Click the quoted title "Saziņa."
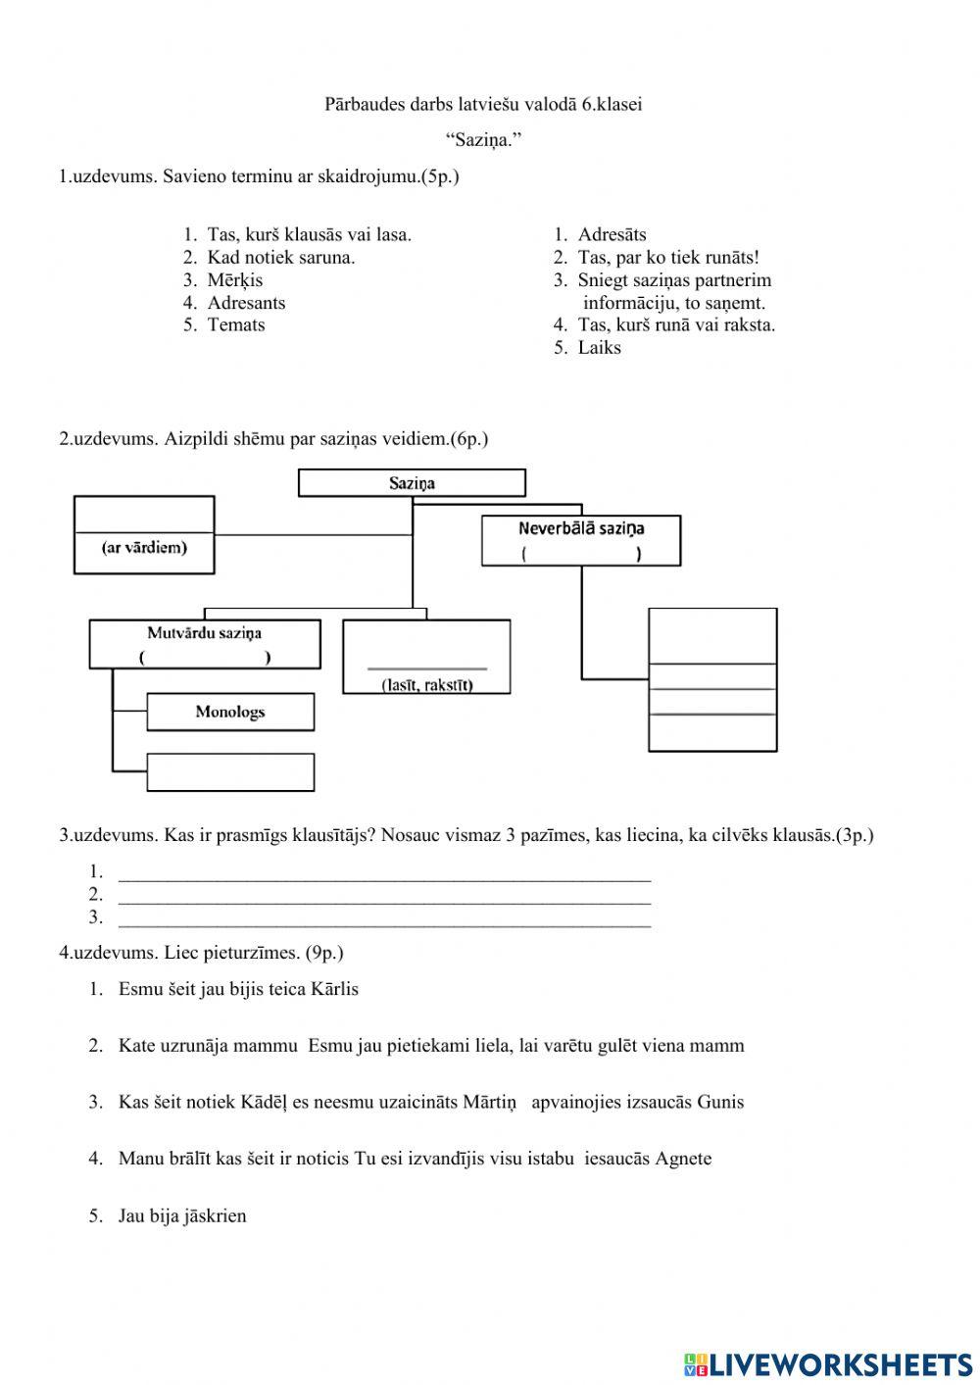(x=483, y=140)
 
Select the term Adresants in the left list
(x=246, y=303)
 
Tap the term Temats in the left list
(x=235, y=325)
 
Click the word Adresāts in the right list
(x=612, y=235)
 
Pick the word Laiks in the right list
(x=599, y=348)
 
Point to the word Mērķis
(x=234, y=280)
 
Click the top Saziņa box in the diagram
(x=412, y=483)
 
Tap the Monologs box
(x=230, y=713)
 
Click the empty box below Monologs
(x=230, y=772)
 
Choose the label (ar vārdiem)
(x=144, y=548)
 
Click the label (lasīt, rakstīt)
(x=426, y=685)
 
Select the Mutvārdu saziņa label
(x=204, y=633)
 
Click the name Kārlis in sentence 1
(x=334, y=989)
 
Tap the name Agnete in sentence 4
(x=683, y=1159)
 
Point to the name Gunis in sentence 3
(x=720, y=1102)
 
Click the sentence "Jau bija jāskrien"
(x=182, y=1216)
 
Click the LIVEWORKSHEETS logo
(x=828, y=1363)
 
